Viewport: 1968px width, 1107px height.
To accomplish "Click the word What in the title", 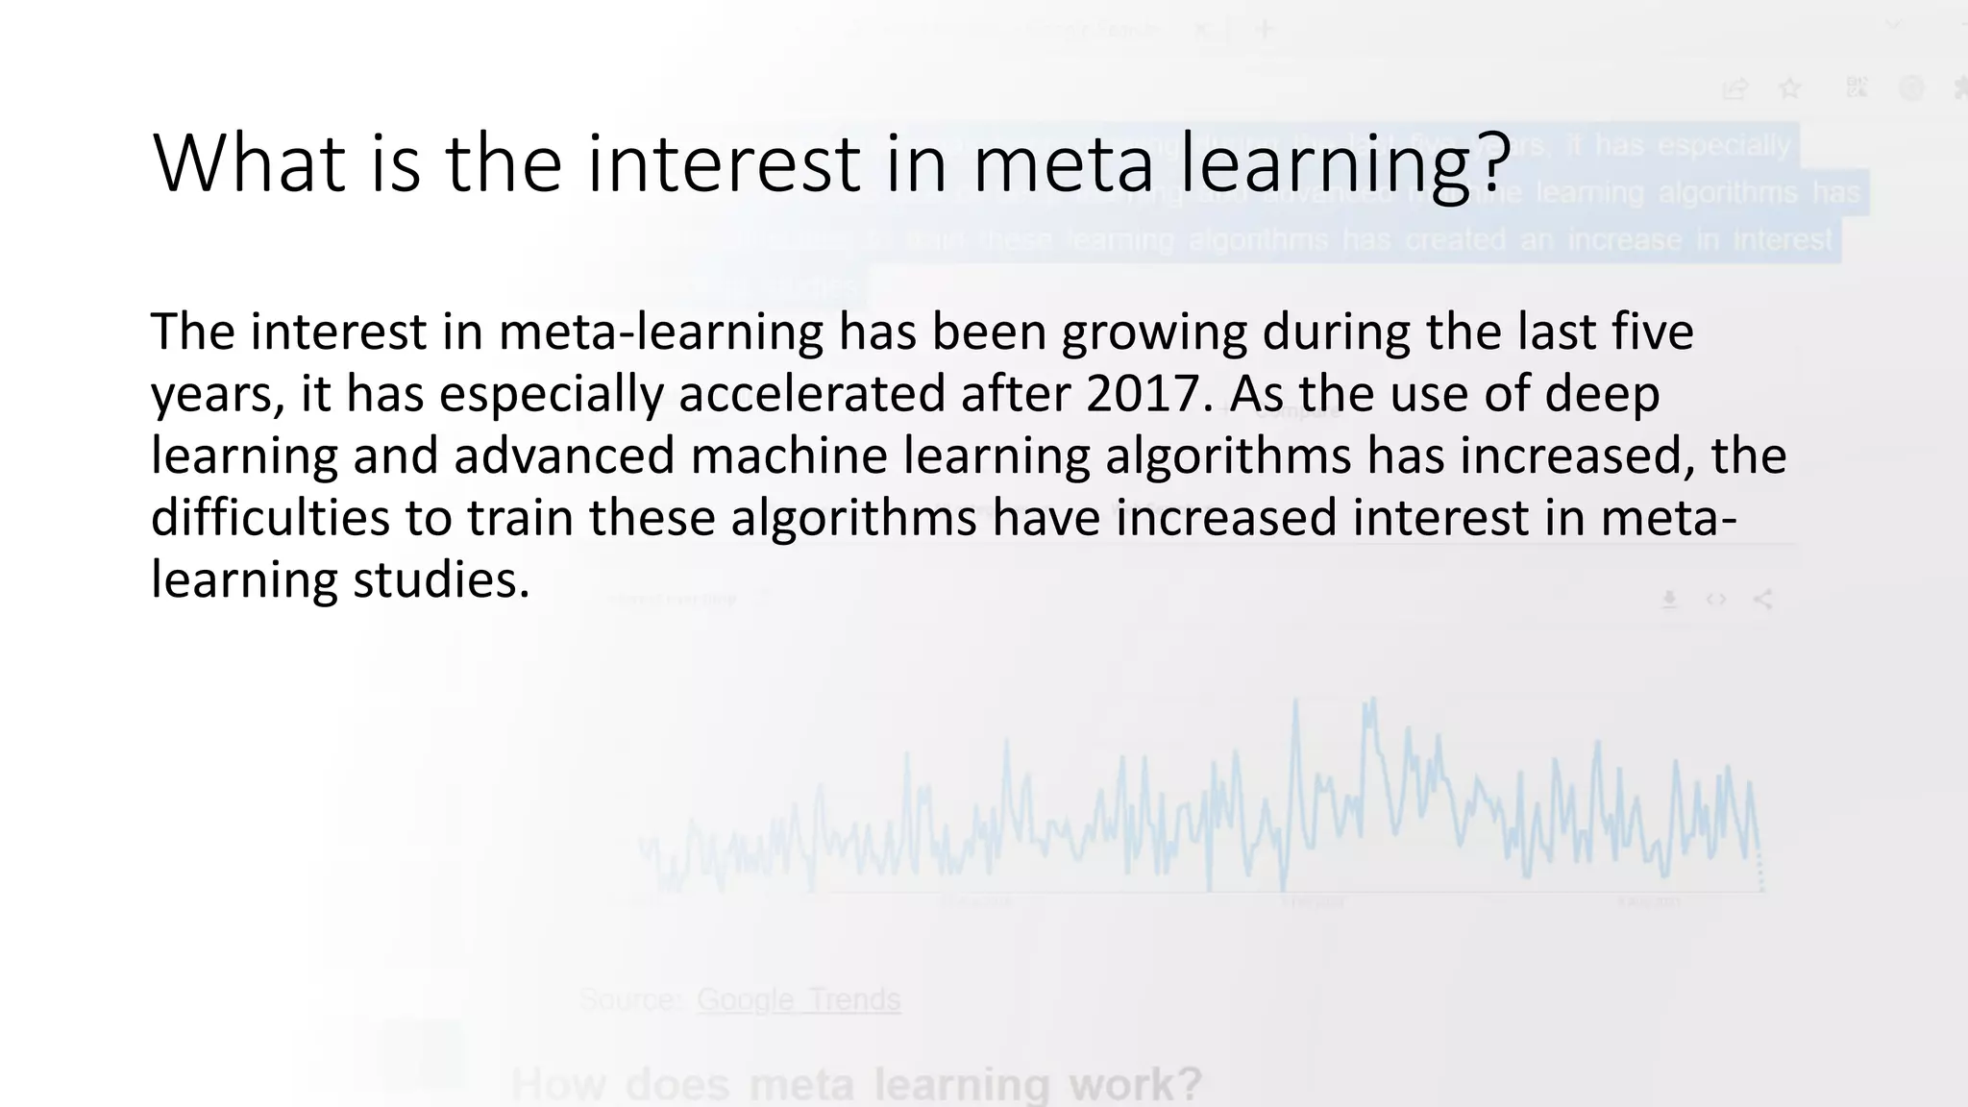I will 249,163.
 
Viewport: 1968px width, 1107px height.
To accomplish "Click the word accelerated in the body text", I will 812,394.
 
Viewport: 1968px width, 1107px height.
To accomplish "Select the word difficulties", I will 270,518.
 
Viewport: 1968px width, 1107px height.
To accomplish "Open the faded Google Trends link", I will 799,1000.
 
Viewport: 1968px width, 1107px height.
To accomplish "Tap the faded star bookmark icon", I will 1789,89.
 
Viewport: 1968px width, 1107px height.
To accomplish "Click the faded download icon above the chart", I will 1670,600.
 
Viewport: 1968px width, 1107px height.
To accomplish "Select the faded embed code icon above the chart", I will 1716,600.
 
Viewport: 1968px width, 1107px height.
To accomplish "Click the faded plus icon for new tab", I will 1266,30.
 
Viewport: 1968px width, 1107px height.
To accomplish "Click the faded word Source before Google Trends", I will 630,1000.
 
